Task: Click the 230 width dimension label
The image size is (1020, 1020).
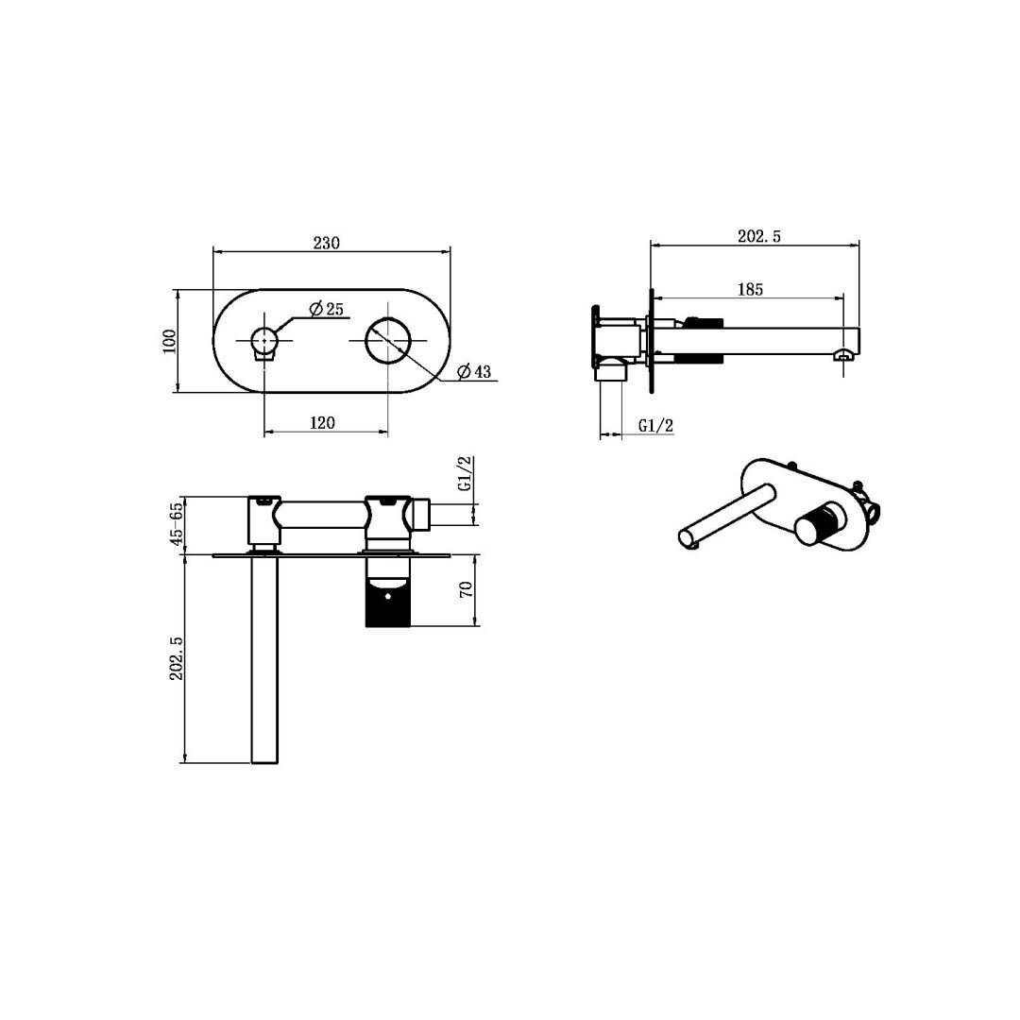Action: click(327, 243)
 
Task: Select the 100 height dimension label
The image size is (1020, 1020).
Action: click(169, 340)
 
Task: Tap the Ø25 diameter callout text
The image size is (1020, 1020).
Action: click(327, 308)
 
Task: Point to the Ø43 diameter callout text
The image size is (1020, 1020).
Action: click(473, 371)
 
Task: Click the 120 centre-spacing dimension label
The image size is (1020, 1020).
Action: click(322, 423)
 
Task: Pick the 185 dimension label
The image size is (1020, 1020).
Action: click(750, 290)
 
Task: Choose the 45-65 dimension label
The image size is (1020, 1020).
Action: click(176, 525)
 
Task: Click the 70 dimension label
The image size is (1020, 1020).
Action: click(466, 590)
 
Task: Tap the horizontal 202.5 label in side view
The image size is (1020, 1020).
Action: click(759, 236)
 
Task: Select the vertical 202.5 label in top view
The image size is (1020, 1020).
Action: click(177, 658)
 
